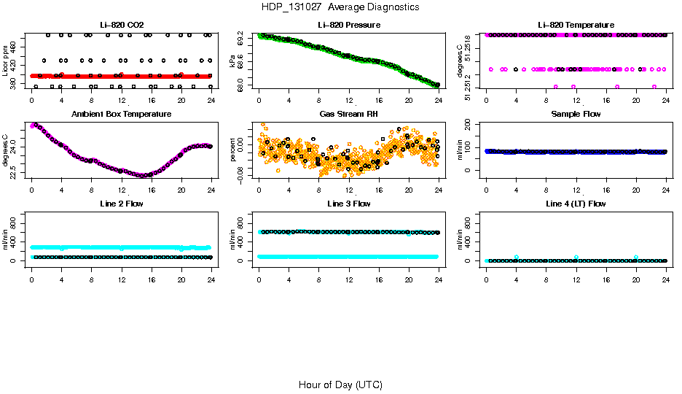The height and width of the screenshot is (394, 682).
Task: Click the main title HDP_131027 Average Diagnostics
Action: coord(340,7)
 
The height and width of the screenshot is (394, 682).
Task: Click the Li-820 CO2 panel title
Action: coord(121,26)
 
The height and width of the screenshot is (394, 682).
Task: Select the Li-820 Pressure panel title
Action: coord(348,26)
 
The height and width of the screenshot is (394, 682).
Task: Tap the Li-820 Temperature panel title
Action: coord(576,26)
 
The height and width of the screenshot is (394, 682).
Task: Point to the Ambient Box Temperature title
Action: coord(121,114)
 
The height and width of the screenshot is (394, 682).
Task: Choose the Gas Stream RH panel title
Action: coord(348,114)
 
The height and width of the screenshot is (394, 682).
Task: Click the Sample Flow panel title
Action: coord(576,114)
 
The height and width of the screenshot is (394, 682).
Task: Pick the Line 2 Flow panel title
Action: coord(121,204)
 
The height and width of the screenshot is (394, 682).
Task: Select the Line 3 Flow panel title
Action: coord(348,204)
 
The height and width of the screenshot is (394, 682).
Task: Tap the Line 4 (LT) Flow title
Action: coord(576,204)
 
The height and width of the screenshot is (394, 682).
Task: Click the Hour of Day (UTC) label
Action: coord(340,385)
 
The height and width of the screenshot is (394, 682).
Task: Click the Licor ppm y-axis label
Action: coord(5,61)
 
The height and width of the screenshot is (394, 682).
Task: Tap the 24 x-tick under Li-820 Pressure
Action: coord(439,100)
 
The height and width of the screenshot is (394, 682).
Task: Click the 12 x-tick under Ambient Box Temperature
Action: coord(121,189)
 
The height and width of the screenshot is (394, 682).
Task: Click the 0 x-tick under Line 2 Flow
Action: coord(31,279)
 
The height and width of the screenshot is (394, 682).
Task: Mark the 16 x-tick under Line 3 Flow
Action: coord(378,279)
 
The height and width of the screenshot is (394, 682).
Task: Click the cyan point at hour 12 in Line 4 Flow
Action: coord(576,258)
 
